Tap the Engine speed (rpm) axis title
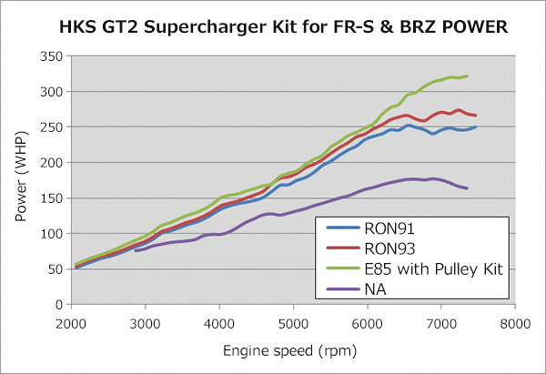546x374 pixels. [x=293, y=349]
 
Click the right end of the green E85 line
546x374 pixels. [x=467, y=76]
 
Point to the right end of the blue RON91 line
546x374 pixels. [x=476, y=126]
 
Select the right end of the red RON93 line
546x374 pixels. [x=476, y=116]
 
